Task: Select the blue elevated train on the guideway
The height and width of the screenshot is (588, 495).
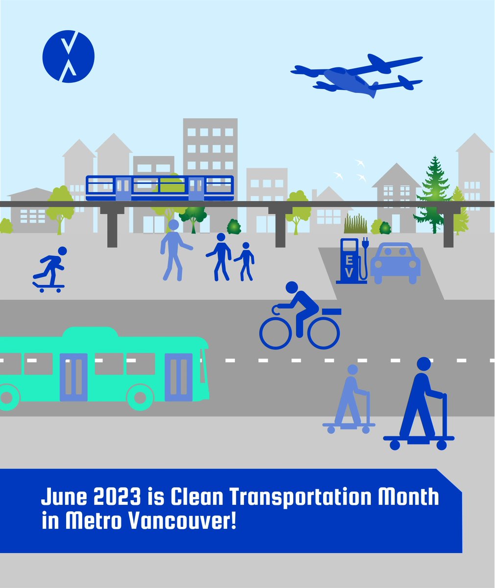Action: (x=160, y=188)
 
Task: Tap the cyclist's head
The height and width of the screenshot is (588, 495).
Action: (x=292, y=288)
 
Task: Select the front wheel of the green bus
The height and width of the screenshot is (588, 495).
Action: (x=141, y=396)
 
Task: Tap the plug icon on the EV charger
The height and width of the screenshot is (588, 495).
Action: (x=364, y=243)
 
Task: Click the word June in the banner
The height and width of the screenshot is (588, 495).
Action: (x=61, y=497)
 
